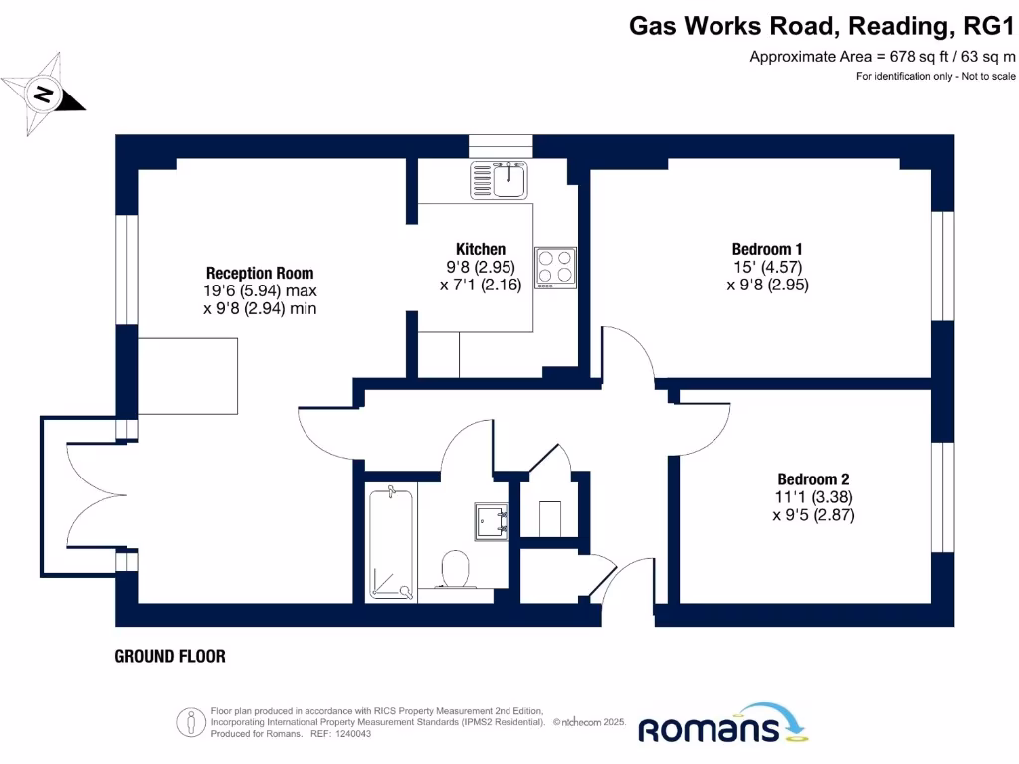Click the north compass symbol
point(43,95)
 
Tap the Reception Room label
point(259,273)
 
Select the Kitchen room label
point(481,249)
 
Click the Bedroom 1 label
point(766,249)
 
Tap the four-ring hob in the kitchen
point(555,267)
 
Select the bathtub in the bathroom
point(390,542)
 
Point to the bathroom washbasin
point(491,518)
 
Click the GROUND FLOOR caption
point(170,656)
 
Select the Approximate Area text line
point(882,57)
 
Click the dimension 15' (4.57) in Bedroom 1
point(766,267)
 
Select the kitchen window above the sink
point(502,146)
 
